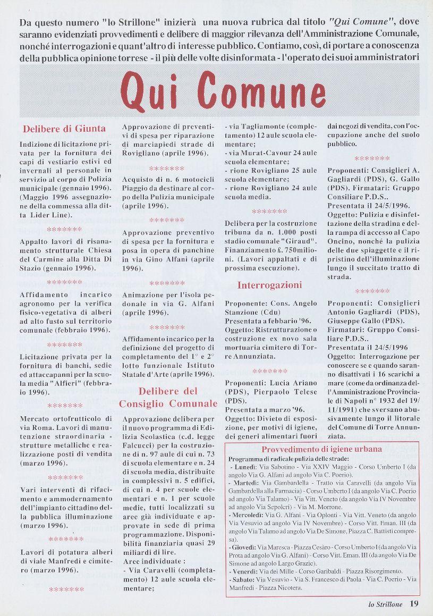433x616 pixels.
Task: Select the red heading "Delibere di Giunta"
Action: (x=64, y=129)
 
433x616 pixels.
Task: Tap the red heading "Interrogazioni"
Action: (x=269, y=285)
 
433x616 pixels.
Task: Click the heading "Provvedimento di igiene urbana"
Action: (x=322, y=449)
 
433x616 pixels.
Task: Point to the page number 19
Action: (x=414, y=604)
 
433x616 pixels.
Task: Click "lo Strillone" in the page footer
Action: (x=386, y=604)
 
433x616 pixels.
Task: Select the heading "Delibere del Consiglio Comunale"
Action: (x=168, y=398)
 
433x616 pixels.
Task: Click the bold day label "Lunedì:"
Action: (x=243, y=466)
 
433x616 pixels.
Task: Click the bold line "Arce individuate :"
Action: (x=150, y=561)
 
